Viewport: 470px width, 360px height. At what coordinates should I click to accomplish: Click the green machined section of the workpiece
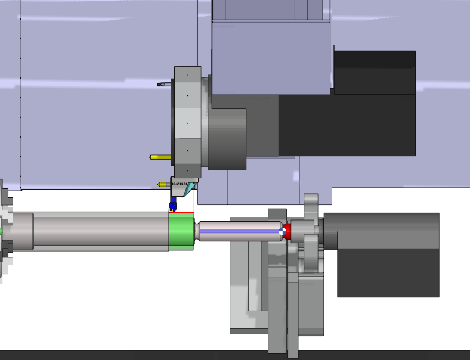pyautogui.click(x=180, y=232)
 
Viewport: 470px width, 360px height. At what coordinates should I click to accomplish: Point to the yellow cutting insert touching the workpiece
pyautogui.click(x=172, y=209)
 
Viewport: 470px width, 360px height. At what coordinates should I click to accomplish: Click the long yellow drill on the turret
pyautogui.click(x=160, y=157)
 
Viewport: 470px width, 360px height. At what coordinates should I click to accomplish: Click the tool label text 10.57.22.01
pyautogui.click(x=180, y=184)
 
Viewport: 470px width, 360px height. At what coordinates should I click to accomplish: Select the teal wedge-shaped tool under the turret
pyautogui.click(x=190, y=190)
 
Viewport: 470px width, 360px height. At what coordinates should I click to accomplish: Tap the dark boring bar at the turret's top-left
pyautogui.click(x=165, y=85)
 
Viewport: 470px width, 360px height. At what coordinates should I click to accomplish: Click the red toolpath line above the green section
pyautogui.click(x=181, y=212)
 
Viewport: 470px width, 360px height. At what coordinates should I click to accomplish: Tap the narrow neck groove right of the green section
pyautogui.click(x=196, y=231)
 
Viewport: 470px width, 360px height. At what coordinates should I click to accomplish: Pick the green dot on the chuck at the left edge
pyautogui.click(x=1, y=231)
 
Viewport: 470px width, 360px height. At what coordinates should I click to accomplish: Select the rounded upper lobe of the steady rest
pyautogui.click(x=311, y=205)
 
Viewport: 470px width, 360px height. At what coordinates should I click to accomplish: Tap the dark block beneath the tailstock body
pyautogui.click(x=388, y=272)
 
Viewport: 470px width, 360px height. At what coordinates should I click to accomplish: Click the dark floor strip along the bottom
pyautogui.click(x=235, y=355)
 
